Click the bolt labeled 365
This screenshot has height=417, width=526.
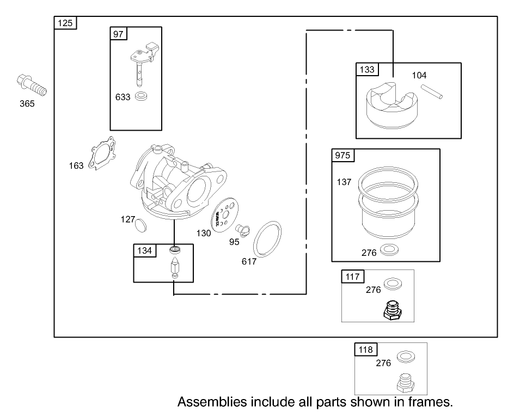click(32, 85)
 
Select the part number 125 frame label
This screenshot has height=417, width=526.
click(65, 23)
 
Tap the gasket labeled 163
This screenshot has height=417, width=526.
click(102, 153)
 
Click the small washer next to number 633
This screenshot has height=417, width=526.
click(141, 96)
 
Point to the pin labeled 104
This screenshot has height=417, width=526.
click(432, 91)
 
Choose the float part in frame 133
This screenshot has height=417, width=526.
click(392, 105)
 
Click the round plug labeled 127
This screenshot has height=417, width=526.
click(141, 225)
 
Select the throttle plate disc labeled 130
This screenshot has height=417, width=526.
click(224, 214)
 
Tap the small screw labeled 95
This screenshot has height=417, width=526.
click(242, 230)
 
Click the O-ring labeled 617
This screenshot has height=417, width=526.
click(267, 239)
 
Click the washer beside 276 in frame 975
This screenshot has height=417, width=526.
click(389, 249)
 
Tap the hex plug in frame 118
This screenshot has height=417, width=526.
click(406, 383)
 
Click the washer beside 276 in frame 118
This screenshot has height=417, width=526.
click(406, 357)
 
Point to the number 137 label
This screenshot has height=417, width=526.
click(344, 182)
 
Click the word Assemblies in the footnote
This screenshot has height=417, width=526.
click(212, 402)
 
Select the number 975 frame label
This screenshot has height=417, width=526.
click(342, 155)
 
